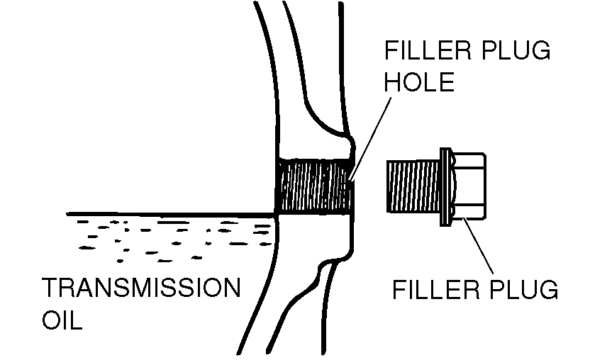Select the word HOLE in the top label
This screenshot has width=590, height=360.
pyautogui.click(x=418, y=83)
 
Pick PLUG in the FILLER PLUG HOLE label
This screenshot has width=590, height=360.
pyautogui.click(x=518, y=52)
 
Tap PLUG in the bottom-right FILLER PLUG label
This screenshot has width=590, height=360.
pyautogui.click(x=525, y=290)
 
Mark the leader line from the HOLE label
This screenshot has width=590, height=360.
pyautogui.click(x=371, y=135)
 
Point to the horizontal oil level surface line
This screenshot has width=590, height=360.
pyautogui.click(x=170, y=213)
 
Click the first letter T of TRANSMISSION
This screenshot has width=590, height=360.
pyautogui.click(x=50, y=289)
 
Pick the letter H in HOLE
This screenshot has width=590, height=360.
pyautogui.click(x=392, y=83)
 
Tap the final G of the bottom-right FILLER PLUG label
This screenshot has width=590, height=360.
pyautogui.click(x=550, y=290)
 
